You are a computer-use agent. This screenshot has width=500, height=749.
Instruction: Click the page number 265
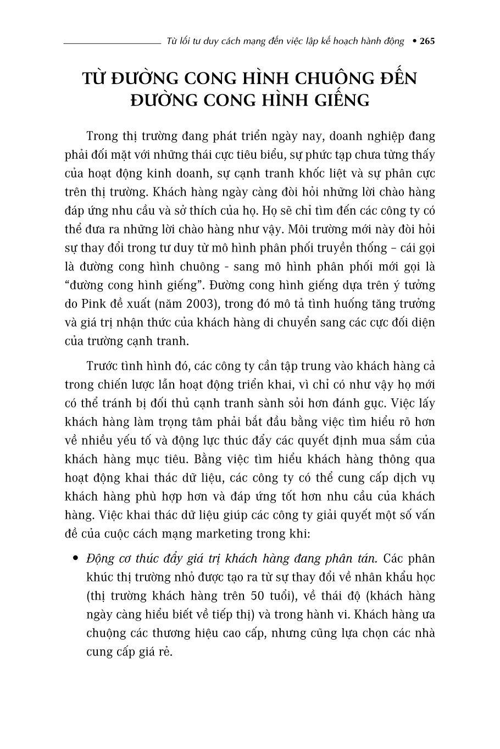427,41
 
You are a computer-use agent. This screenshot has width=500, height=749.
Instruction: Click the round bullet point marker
76,559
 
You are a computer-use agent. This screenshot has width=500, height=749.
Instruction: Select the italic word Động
101,559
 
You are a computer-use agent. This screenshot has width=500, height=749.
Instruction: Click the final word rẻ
163,652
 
